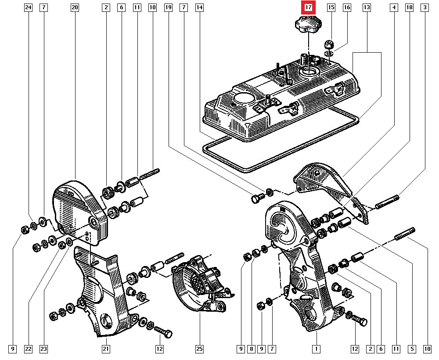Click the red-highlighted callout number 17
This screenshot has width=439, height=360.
(308, 7)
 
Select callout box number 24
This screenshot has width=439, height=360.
(28, 7)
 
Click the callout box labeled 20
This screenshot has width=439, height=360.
(74, 7)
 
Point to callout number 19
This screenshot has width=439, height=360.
(168, 7)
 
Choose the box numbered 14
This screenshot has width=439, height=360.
(199, 7)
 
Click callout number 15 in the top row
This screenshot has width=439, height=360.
(331, 7)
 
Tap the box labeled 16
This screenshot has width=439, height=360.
(347, 7)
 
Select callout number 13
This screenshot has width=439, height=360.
(367, 7)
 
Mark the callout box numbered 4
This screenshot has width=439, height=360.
(394, 7)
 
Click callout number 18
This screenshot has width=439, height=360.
(409, 7)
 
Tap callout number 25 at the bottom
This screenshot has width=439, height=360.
(199, 349)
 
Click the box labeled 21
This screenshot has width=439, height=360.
(106, 349)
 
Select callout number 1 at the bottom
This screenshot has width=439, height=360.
(315, 349)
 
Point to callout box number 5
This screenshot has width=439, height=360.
(412, 349)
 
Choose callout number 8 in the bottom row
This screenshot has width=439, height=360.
(251, 349)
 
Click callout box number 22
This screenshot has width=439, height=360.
(28, 349)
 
